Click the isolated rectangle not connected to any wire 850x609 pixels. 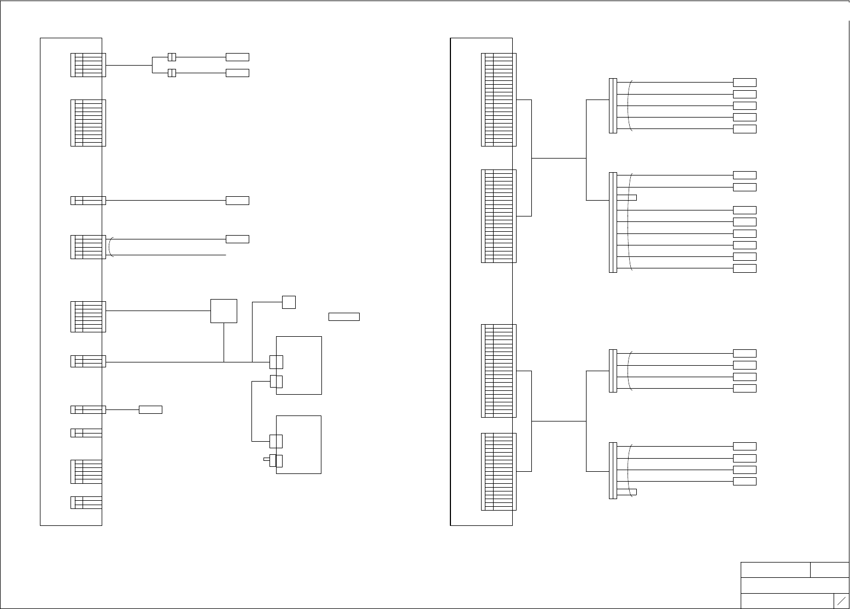coord(344,317)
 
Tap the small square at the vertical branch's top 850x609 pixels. coord(289,302)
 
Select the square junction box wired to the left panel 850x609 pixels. coord(224,311)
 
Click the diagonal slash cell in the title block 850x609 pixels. coord(841,600)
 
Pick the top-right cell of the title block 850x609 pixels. coord(829,570)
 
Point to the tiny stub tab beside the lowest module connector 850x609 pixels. coord(266,460)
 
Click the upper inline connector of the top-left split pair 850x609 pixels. coord(172,57)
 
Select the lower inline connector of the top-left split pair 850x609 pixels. coord(172,73)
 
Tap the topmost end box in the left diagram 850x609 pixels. coord(237,57)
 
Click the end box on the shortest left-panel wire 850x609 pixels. coord(150,409)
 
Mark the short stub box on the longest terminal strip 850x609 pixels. coord(627,197)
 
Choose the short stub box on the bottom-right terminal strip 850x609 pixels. coord(627,491)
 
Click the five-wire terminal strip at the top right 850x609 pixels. coord(613,106)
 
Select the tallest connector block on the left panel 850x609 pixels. coord(88,123)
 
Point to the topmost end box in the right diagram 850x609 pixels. coord(745,83)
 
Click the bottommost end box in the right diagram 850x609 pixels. coord(745,481)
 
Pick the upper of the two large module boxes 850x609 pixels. coord(299,365)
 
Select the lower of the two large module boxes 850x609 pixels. coord(298,444)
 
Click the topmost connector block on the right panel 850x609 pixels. coord(499,99)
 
